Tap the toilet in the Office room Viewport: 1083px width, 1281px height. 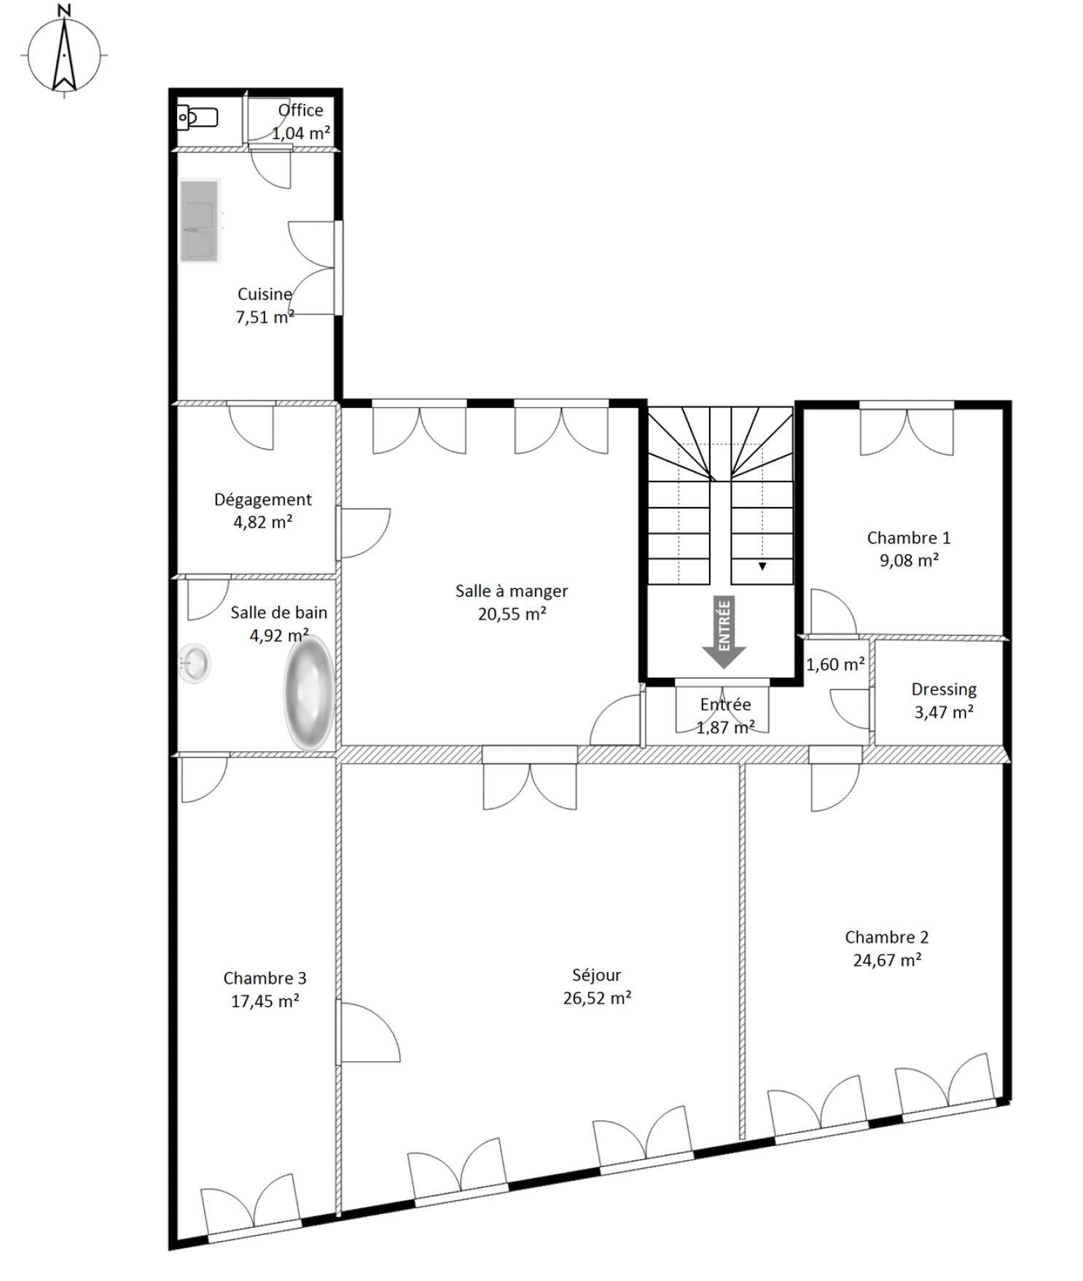coord(198,117)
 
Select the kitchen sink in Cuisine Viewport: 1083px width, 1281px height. coord(200,220)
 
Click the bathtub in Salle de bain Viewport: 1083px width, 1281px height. coord(309,694)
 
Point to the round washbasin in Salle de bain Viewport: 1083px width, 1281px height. coord(195,663)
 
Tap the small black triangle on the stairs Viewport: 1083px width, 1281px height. coord(762,566)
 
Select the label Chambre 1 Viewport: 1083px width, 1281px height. coord(908,538)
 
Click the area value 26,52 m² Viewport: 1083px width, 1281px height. coord(597,998)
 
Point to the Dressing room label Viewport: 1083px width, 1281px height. coord(944,689)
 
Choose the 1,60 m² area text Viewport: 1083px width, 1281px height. coord(835,665)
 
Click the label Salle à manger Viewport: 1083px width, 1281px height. coord(512,591)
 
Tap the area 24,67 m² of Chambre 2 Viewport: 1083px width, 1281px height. coord(887,960)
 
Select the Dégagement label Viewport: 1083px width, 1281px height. coord(262,500)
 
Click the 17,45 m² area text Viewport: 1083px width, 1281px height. coord(265,1001)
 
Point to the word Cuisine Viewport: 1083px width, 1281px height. coord(265,294)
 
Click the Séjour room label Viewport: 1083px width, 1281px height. coord(597,975)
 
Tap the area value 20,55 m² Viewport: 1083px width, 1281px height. coord(512,614)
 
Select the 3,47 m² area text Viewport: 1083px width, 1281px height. coord(944,712)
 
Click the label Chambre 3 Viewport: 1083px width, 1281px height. coord(265,978)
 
